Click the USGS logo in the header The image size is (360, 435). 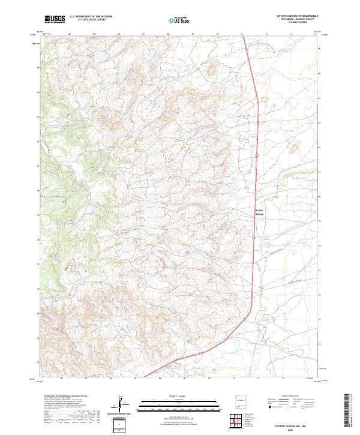[55, 19]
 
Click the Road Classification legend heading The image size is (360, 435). [287, 397]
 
